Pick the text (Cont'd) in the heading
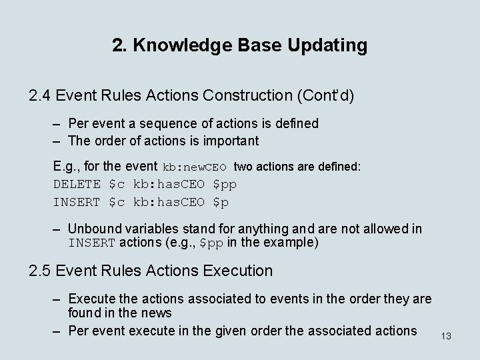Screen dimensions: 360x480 coord(321,95)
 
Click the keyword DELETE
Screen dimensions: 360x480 coord(77,184)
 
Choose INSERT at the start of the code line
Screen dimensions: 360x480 coord(77,201)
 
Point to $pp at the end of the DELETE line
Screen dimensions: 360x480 coord(224,184)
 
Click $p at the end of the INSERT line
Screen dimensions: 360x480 coord(221,201)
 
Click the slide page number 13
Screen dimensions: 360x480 coord(446,336)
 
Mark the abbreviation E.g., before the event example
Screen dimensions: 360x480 coord(67,167)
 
